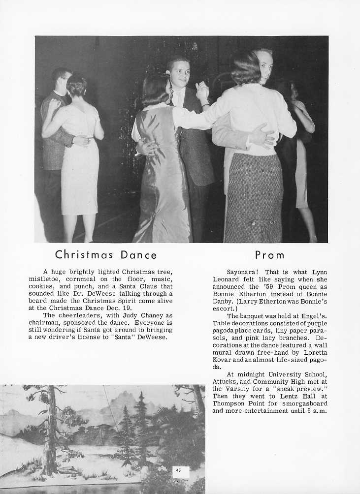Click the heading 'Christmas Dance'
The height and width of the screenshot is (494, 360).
coord(106,255)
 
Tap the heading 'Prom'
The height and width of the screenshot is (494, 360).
coord(270,255)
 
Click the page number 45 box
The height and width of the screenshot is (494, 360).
coord(179,470)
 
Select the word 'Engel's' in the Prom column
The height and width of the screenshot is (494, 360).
coord(311,315)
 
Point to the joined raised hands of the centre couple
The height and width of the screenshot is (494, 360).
coord(202,91)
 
